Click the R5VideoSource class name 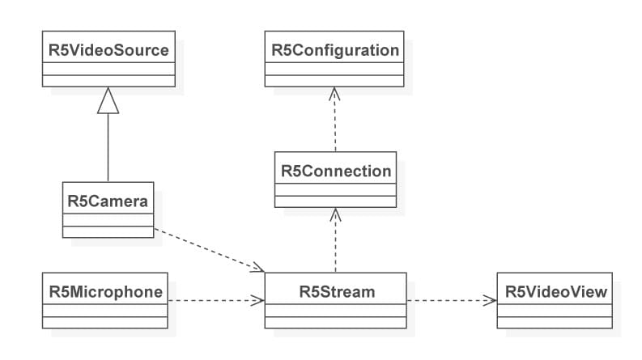[108, 50]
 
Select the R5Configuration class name [334, 50]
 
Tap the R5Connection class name [335, 171]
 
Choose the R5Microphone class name [105, 290]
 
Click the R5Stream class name [335, 290]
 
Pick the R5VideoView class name [555, 290]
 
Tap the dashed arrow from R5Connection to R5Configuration [334, 121]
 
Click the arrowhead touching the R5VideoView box [491, 300]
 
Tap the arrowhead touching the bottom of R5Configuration [334, 91]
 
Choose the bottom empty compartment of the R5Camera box [108, 231]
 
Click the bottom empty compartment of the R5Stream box [335, 321]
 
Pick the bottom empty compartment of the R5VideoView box [555, 321]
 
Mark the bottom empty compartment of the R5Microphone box [105, 321]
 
